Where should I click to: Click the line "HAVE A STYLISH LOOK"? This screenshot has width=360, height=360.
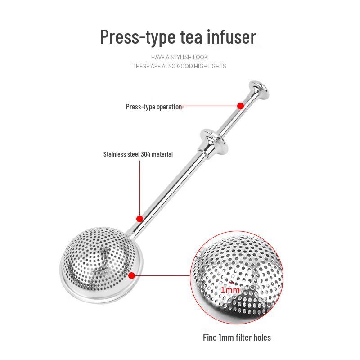point(180,58)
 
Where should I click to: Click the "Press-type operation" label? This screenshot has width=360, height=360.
point(154,107)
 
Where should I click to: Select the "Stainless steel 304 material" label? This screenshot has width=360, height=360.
point(138,154)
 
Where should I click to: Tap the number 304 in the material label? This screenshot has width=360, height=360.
point(145,154)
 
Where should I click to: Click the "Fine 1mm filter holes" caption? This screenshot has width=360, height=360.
point(236,337)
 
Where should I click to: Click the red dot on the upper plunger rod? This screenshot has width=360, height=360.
point(240,106)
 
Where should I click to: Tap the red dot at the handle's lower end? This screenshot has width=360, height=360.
point(139,219)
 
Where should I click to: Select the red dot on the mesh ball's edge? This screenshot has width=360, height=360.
point(132,275)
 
